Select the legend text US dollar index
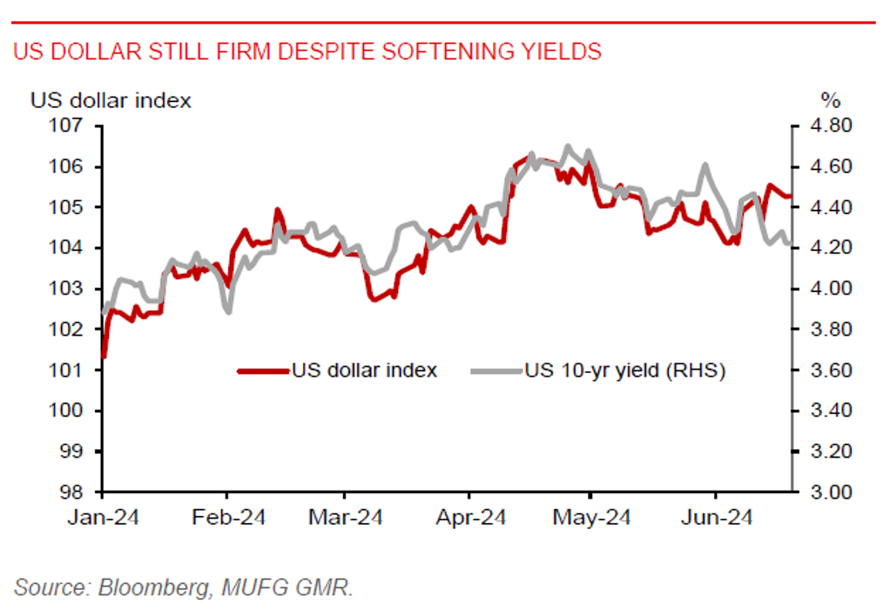(x=364, y=370)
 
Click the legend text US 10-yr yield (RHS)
(x=624, y=370)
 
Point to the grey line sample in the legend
(x=495, y=370)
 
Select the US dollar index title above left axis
(x=111, y=100)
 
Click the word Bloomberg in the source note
(x=149, y=587)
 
